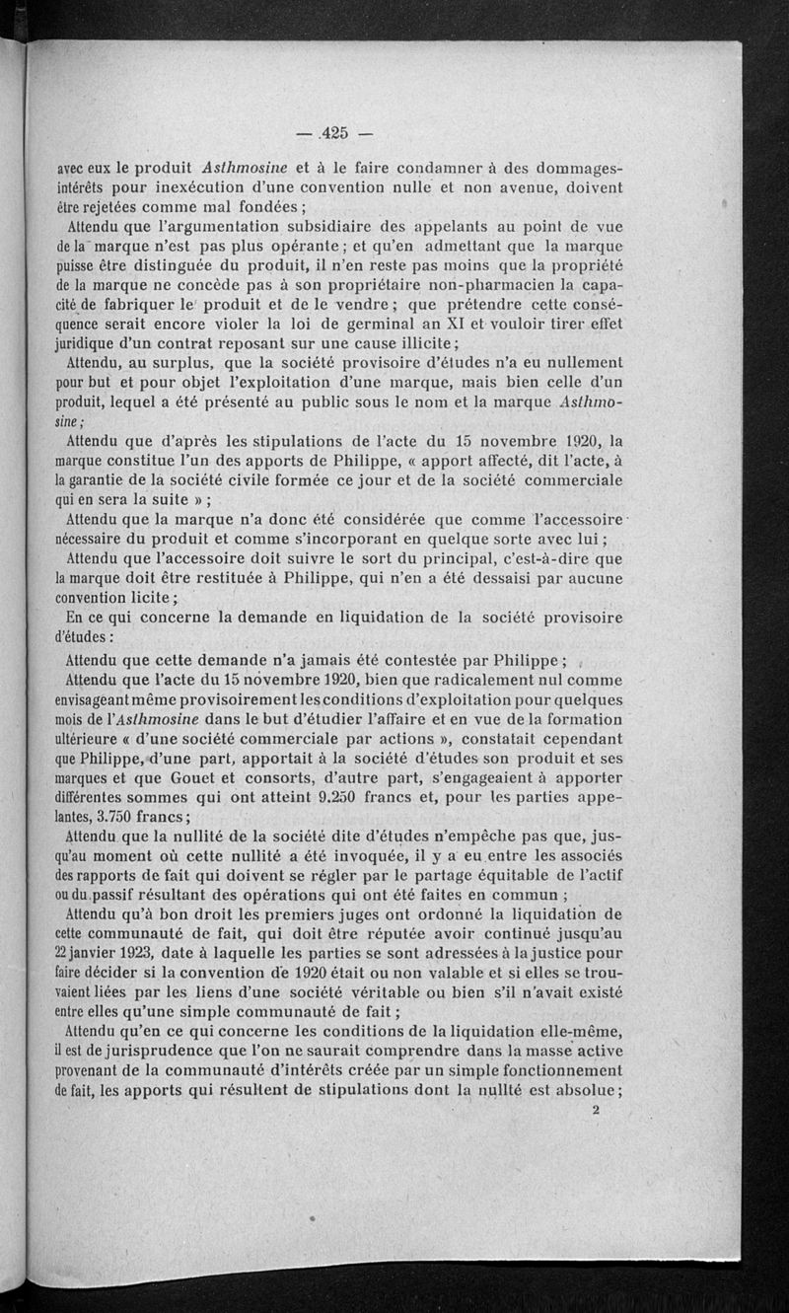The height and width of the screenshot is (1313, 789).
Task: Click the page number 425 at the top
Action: click(334, 134)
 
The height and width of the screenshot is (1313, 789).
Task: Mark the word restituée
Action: click(268, 578)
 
